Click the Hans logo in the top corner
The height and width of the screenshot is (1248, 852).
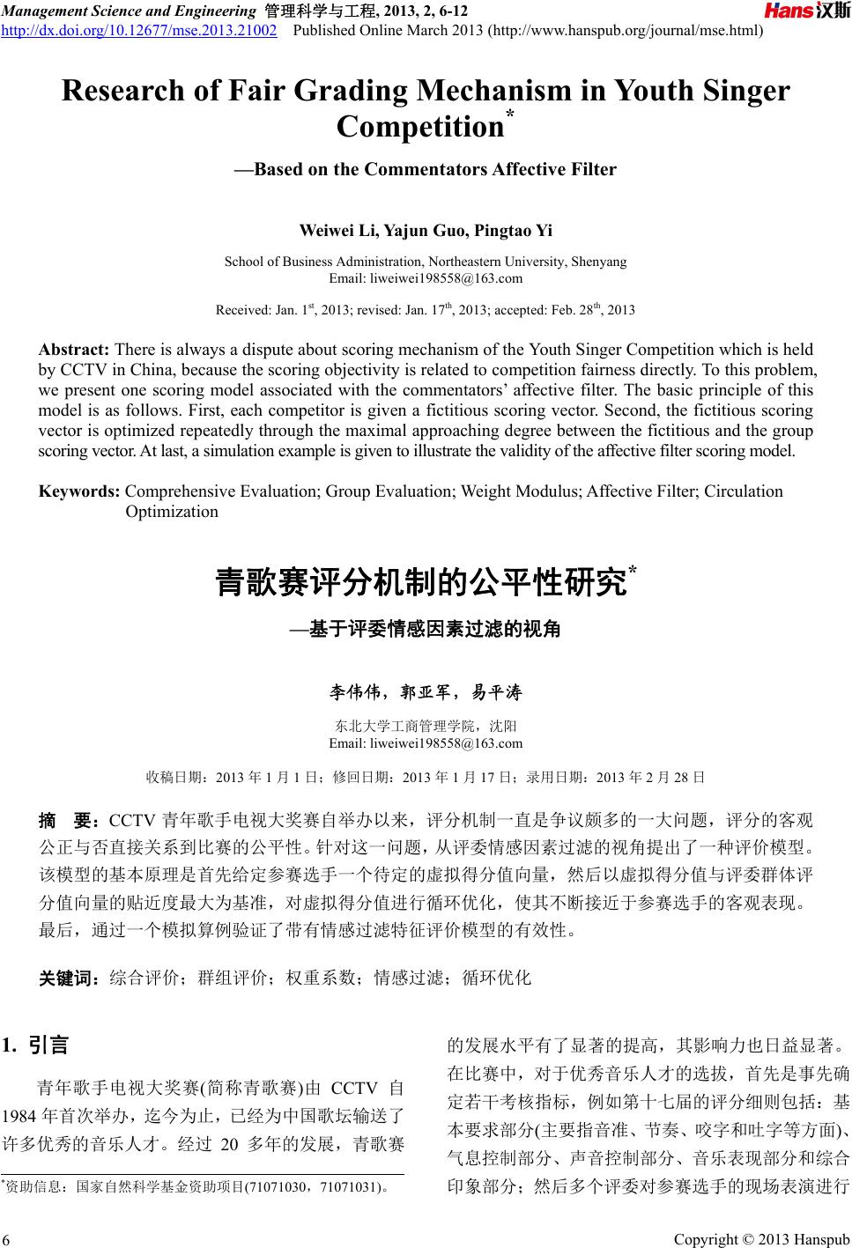806,11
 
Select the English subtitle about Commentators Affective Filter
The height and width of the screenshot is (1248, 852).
426,169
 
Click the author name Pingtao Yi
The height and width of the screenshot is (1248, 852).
513,231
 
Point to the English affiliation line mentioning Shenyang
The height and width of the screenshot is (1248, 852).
426,262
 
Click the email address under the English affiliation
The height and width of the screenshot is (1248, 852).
426,278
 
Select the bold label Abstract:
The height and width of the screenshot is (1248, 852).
74,350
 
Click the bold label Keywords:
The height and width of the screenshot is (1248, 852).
79,491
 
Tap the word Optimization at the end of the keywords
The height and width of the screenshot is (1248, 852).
172,512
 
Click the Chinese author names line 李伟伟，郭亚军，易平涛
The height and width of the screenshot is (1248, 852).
426,692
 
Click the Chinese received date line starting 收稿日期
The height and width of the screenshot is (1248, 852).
426,777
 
